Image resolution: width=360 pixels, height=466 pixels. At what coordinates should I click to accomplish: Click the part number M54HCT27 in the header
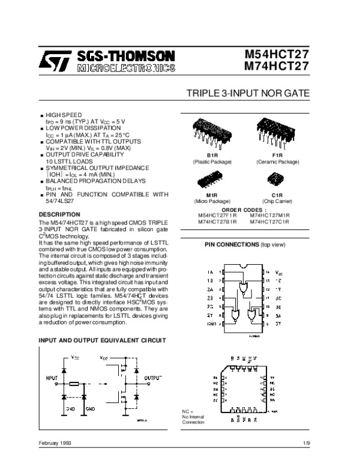278,55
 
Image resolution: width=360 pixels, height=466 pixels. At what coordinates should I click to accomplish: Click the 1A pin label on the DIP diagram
210,272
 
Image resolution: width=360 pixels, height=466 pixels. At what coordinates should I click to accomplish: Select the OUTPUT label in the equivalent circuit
153,378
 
